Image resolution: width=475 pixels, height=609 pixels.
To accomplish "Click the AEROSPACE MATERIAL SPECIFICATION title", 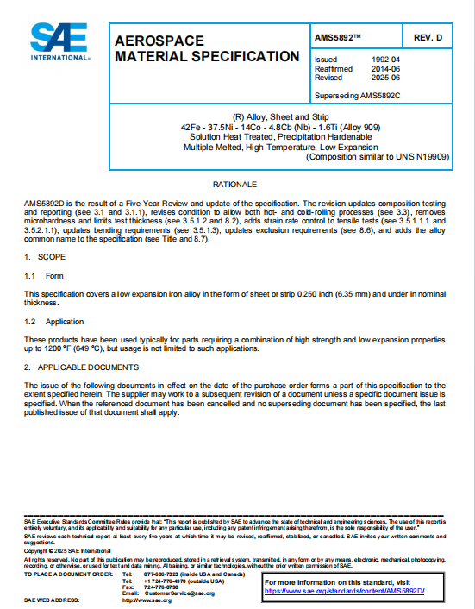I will (207, 48).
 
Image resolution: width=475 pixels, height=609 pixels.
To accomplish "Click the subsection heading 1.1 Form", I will (44, 276).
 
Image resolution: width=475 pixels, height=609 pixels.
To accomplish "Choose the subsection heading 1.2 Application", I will (53, 321).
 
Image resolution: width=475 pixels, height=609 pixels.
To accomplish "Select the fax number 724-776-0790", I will (159, 587).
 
